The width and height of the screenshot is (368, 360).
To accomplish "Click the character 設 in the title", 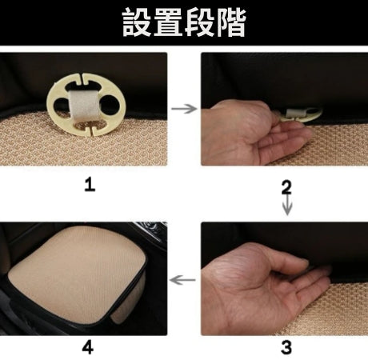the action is (x=137, y=22).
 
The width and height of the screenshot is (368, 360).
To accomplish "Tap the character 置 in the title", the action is (x=168, y=22).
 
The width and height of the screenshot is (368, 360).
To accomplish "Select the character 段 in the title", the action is (x=199, y=22).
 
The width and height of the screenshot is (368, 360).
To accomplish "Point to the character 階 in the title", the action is (x=231, y=22).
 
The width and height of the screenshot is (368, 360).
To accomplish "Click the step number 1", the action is (x=90, y=185).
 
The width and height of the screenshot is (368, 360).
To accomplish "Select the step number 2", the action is (x=286, y=187).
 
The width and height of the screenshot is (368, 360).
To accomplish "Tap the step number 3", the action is (x=286, y=347).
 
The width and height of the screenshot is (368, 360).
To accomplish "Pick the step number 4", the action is (x=88, y=348).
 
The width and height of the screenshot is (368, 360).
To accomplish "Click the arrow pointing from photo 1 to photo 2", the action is (x=184, y=109).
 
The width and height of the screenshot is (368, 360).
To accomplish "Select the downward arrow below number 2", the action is (x=287, y=205).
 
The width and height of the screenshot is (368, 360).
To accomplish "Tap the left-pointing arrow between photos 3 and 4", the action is (x=182, y=280).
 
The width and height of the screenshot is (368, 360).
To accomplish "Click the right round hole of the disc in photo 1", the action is (x=110, y=104).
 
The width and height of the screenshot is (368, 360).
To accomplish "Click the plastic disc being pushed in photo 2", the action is (x=302, y=115).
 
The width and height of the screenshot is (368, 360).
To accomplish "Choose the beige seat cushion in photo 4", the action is (x=78, y=274).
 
